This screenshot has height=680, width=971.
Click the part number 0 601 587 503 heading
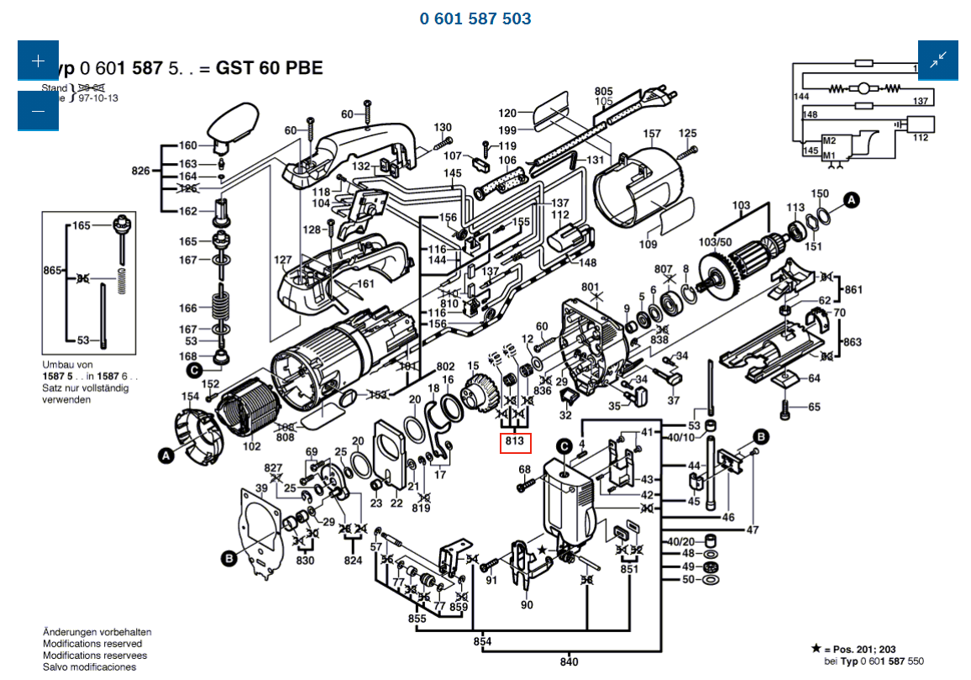475,18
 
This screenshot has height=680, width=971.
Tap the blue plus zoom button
38,61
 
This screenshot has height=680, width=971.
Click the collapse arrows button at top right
937,61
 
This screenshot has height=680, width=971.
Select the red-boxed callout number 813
515,442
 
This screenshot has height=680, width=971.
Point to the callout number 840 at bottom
569,662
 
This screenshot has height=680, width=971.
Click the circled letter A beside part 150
852,200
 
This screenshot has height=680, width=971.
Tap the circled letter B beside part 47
760,435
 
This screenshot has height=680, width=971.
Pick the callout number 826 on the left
141,171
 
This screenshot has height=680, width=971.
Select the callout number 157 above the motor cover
652,134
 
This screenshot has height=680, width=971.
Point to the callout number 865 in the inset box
53,271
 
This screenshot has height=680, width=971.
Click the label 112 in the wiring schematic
921,138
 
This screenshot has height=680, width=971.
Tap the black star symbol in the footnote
816,649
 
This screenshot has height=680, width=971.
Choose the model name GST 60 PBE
269,68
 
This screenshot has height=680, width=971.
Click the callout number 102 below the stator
251,447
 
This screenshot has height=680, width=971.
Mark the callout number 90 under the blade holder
527,604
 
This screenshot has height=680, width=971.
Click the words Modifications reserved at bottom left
92,644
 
